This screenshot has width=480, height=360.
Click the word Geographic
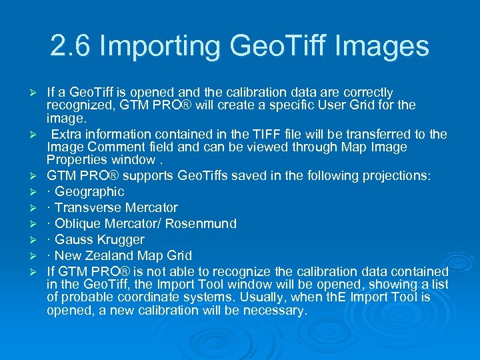coord(89,192)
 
